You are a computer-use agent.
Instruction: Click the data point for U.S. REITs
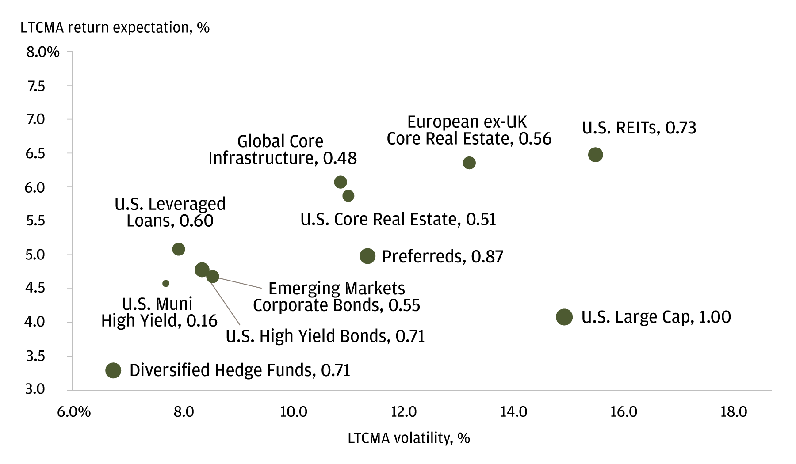[595, 155]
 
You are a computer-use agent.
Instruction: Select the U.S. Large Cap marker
[564, 317]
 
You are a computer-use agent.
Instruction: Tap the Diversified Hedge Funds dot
[113, 370]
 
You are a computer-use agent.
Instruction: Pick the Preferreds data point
[367, 256]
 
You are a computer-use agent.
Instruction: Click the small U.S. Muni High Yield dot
[166, 283]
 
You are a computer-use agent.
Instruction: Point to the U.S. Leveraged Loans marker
[178, 249]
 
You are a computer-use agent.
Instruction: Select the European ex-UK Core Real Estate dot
[469, 163]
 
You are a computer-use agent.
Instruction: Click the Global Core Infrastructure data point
[340, 182]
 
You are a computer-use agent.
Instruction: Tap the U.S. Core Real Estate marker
[348, 196]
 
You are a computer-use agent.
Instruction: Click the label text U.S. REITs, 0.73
[639, 128]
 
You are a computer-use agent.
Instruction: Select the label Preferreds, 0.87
[442, 257]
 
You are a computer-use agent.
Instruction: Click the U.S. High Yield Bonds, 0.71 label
[325, 336]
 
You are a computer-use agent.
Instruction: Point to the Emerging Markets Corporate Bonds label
[336, 297]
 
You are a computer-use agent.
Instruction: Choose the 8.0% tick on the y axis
[43, 52]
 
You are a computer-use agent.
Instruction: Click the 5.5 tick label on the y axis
[35, 221]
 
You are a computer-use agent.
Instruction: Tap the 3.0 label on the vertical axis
[35, 389]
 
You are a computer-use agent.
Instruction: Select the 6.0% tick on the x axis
[74, 412]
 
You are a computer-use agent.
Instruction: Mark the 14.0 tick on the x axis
[513, 412]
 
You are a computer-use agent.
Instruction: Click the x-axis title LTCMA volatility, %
[409, 438]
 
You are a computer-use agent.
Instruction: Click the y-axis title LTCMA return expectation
[115, 28]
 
